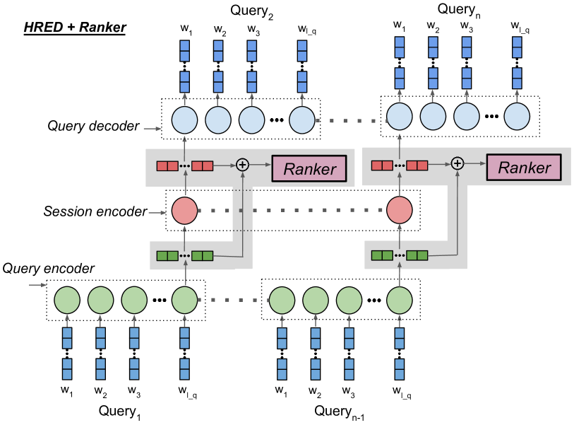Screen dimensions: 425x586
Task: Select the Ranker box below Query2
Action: point(309,168)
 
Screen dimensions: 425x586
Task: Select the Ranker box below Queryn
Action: point(523,168)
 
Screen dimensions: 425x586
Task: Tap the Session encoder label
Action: point(95,211)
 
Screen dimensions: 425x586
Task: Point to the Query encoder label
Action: point(49,269)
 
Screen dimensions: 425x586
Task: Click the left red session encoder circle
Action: point(184,209)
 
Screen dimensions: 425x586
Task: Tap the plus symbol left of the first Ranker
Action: point(243,165)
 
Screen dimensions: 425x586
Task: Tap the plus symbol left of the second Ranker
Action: point(458,164)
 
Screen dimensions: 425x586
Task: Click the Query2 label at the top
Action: point(252,10)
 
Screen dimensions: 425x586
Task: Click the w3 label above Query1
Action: point(135,390)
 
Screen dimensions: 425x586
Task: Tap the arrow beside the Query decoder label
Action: point(150,128)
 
